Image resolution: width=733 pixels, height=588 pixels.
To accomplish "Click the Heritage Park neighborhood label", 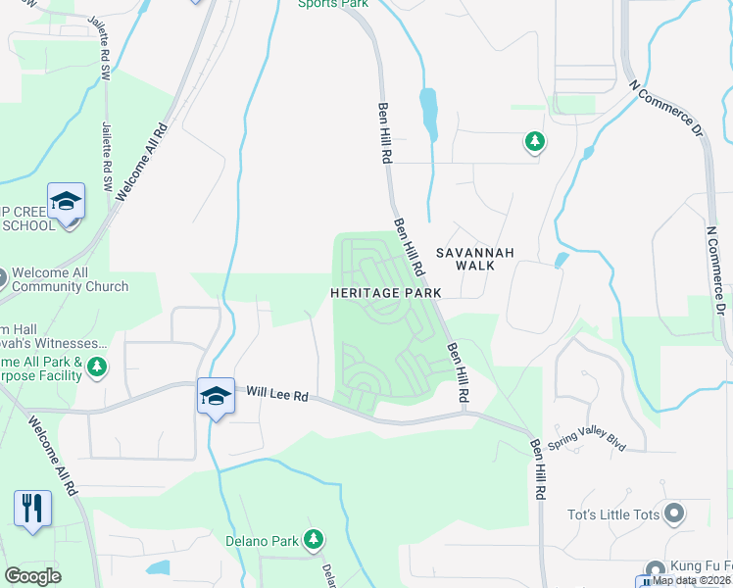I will pyautogui.click(x=385, y=293).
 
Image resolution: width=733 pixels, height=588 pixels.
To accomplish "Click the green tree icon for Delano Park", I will pyautogui.click(x=313, y=538).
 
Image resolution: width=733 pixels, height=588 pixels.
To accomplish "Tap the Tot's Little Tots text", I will pyautogui.click(x=610, y=514).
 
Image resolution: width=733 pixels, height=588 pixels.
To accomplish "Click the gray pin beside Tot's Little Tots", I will pyautogui.click(x=673, y=513).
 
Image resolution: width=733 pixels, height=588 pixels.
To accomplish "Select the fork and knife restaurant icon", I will pyautogui.click(x=33, y=508).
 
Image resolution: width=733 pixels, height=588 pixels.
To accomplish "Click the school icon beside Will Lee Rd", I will pyautogui.click(x=216, y=396).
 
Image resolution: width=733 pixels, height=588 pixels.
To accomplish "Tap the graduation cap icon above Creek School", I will pyautogui.click(x=66, y=202).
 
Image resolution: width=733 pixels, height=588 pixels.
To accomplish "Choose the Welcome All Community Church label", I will pyautogui.click(x=72, y=279).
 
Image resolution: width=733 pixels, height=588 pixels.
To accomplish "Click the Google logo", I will pyautogui.click(x=32, y=576).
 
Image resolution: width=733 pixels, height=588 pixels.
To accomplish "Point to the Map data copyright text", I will pyautogui.click(x=692, y=580).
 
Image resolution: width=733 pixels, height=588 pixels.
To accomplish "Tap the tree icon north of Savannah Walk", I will pyautogui.click(x=534, y=143).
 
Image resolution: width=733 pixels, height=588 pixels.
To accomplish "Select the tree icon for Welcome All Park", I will pyautogui.click(x=96, y=367).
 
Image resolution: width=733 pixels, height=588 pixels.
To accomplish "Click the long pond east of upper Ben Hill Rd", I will pyautogui.click(x=428, y=114).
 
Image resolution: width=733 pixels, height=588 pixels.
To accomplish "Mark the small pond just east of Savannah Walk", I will pyautogui.click(x=561, y=261).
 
